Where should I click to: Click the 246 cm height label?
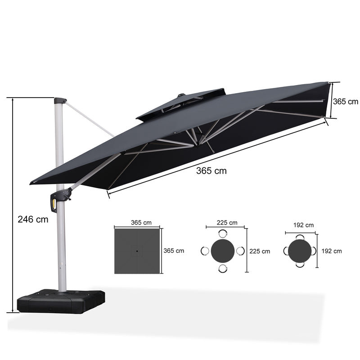(33, 220)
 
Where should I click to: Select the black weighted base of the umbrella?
(61, 301)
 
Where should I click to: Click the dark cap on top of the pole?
(60, 101)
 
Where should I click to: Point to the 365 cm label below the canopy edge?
(211, 171)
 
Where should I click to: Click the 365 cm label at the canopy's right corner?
(345, 101)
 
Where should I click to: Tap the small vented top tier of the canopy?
(181, 103)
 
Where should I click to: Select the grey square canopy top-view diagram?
(137, 251)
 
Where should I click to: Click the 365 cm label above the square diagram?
(141, 222)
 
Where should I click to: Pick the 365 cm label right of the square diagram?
(174, 251)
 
